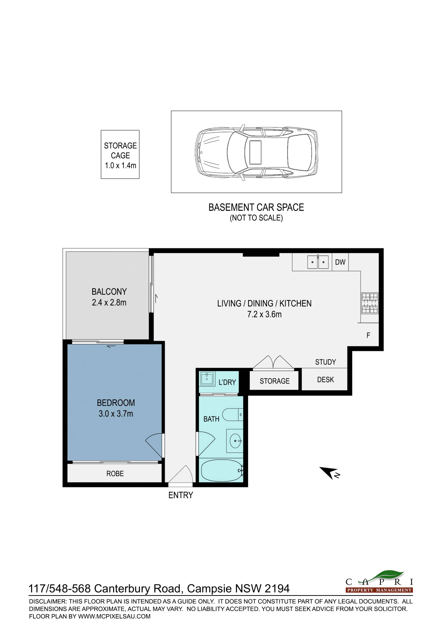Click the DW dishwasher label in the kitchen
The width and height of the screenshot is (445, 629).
340,262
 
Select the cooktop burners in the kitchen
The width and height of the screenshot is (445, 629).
370,303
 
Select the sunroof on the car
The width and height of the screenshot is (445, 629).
255,152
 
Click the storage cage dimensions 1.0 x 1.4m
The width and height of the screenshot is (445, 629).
121,165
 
